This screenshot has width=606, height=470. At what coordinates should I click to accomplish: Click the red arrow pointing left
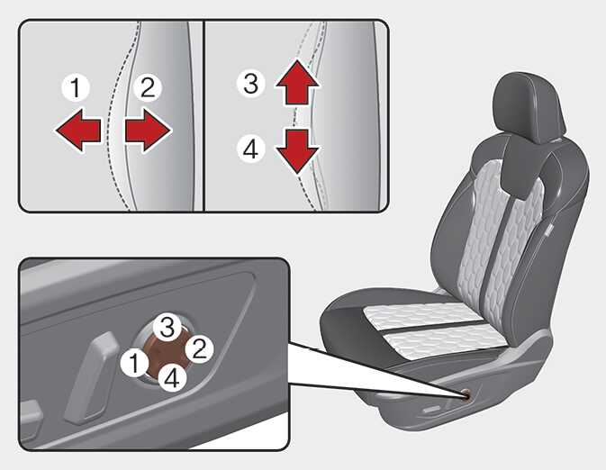tap(78, 130)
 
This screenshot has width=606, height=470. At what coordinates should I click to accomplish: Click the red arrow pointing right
tap(148, 130)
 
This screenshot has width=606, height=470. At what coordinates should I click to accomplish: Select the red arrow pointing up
tap(297, 82)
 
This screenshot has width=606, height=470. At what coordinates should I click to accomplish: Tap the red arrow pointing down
tap(297, 151)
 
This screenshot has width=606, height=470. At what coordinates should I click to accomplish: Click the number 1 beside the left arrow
tap(76, 87)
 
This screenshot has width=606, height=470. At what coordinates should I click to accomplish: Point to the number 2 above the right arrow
tap(148, 87)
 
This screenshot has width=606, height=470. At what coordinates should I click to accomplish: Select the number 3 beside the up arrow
tap(251, 84)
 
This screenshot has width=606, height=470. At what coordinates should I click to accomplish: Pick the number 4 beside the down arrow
tap(251, 149)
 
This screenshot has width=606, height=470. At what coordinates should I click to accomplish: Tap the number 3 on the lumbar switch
tap(167, 328)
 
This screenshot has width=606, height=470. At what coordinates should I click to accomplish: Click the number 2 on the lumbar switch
tap(199, 349)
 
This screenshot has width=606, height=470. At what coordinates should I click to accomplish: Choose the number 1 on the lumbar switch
tap(134, 363)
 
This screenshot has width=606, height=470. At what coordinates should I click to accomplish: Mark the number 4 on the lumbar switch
tap(172, 377)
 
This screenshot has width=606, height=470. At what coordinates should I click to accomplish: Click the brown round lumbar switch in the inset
tap(167, 354)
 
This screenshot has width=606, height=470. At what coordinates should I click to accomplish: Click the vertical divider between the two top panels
tap(204, 116)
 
